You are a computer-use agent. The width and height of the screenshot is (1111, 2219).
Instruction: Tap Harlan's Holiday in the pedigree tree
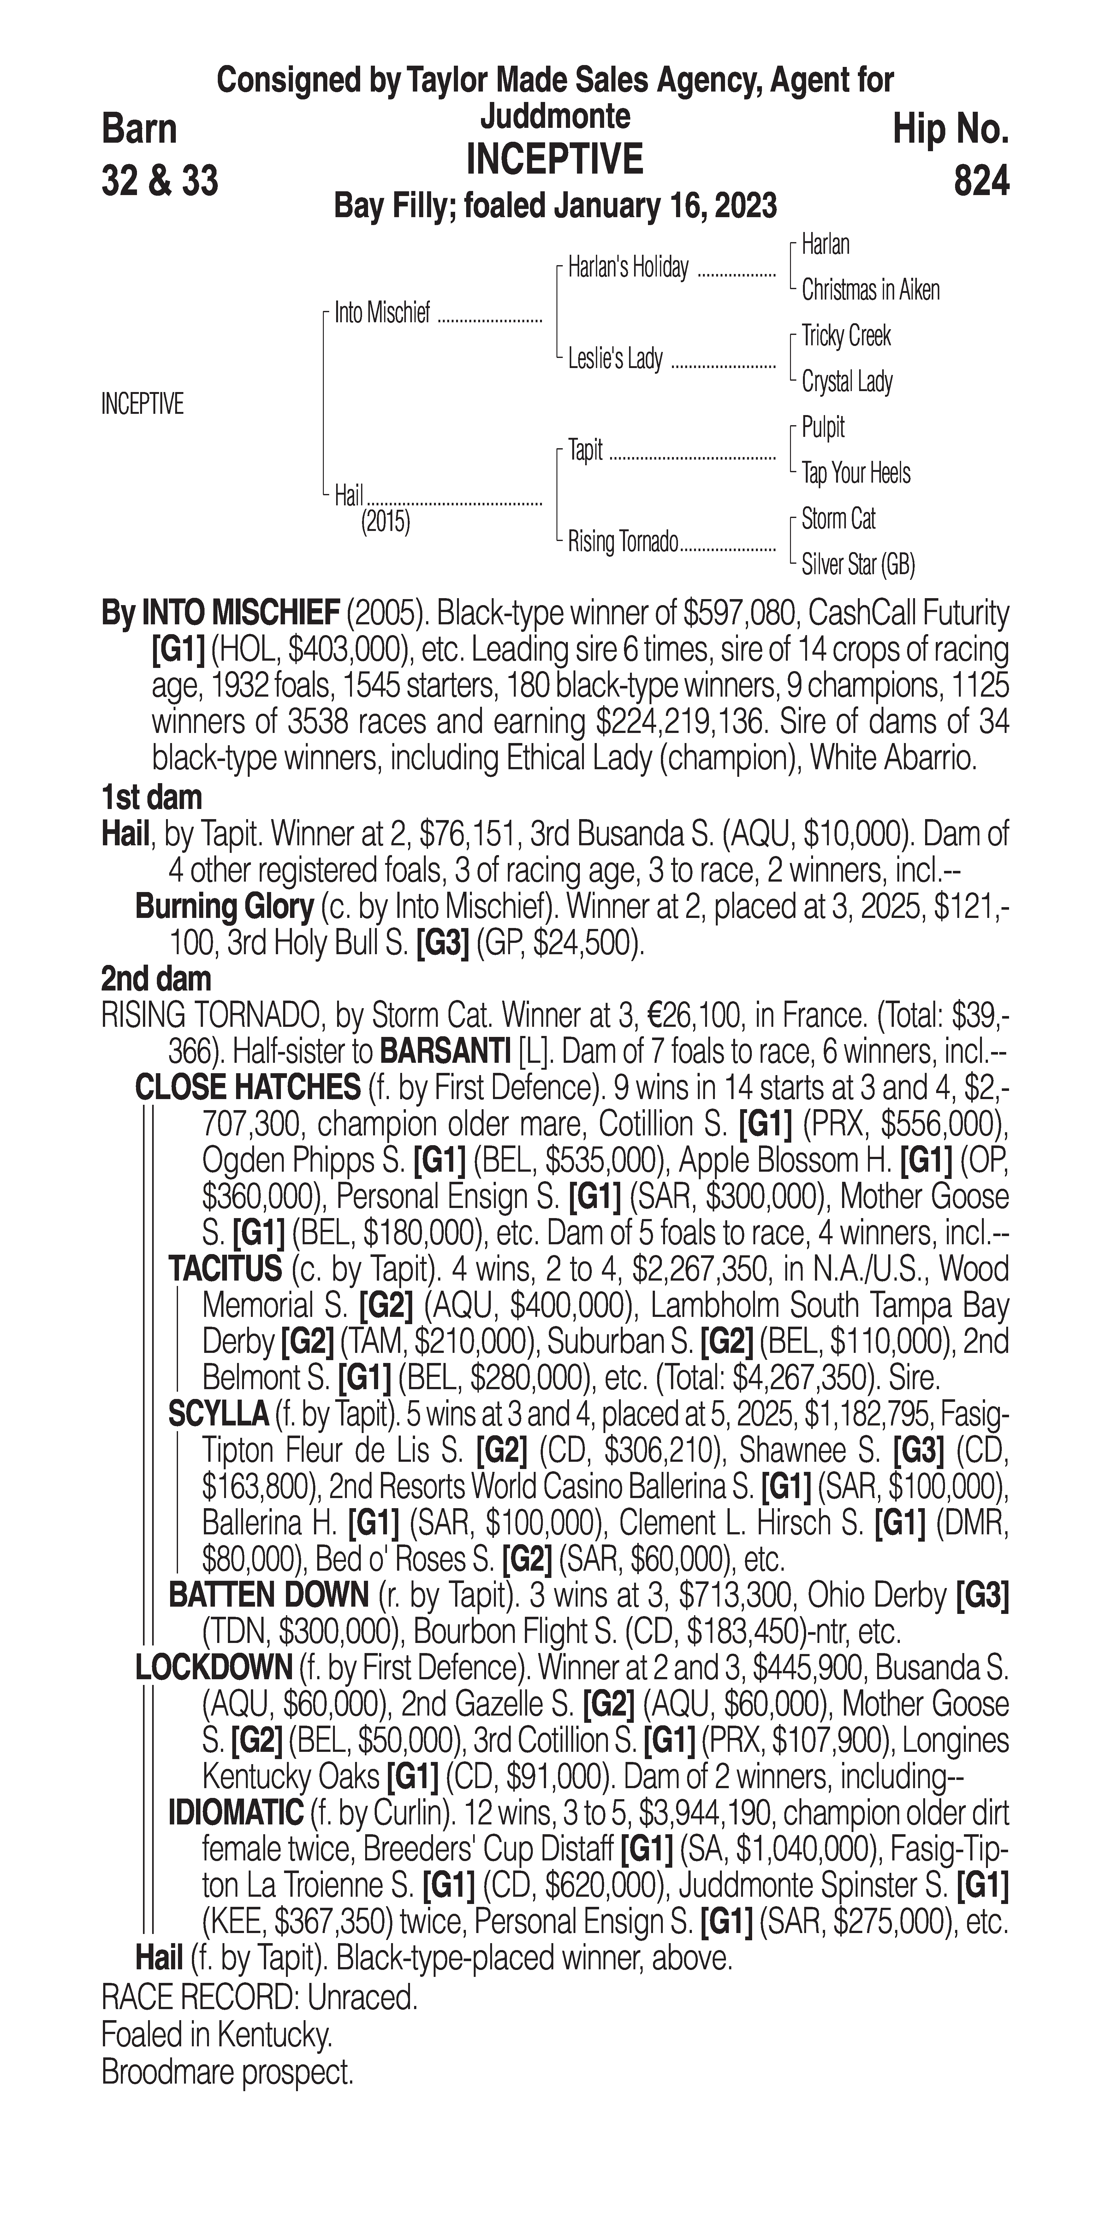(x=628, y=268)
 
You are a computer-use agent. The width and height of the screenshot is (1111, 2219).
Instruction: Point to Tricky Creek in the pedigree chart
(x=846, y=336)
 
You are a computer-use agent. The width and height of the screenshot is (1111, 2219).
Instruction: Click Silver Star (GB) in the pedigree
(x=858, y=565)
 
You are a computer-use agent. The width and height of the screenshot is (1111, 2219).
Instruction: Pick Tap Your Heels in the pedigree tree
(x=855, y=473)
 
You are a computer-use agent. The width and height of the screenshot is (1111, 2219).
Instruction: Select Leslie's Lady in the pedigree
(x=615, y=358)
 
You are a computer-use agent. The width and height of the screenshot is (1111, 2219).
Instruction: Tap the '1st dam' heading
(x=151, y=798)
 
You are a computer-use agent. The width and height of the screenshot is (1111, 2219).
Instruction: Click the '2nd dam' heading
(x=156, y=979)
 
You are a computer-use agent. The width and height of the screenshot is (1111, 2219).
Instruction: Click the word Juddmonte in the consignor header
(x=555, y=116)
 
